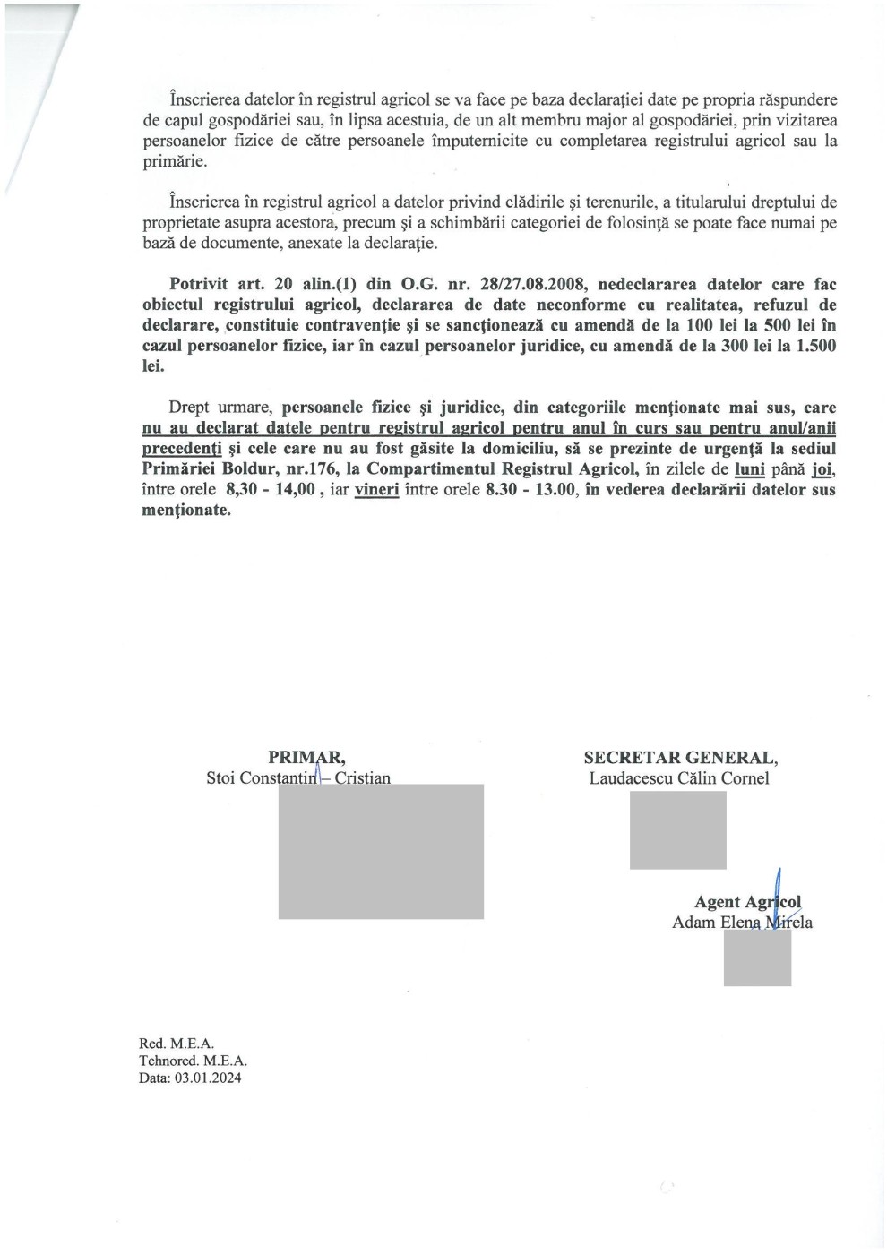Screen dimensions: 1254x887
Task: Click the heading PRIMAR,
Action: (x=306, y=758)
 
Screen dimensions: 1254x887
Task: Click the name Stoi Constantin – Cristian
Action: (x=298, y=778)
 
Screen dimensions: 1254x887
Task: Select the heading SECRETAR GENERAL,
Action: (x=681, y=758)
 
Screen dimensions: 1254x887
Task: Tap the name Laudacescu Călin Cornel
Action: (x=679, y=778)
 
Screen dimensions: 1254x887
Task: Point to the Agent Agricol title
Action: (x=747, y=902)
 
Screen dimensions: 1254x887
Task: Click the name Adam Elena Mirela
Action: (x=742, y=923)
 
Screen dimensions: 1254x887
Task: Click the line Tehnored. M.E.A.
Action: (x=193, y=1061)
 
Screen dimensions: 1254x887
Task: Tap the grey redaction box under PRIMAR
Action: (x=381, y=851)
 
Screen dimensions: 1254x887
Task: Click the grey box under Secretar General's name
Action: (x=677, y=830)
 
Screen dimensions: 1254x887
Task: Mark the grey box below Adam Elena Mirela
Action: (x=757, y=958)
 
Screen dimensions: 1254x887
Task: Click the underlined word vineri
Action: (x=376, y=490)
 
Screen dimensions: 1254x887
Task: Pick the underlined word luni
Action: (x=750, y=469)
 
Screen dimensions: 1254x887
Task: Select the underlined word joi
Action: (x=822, y=469)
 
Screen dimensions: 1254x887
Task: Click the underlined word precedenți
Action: (x=182, y=449)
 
